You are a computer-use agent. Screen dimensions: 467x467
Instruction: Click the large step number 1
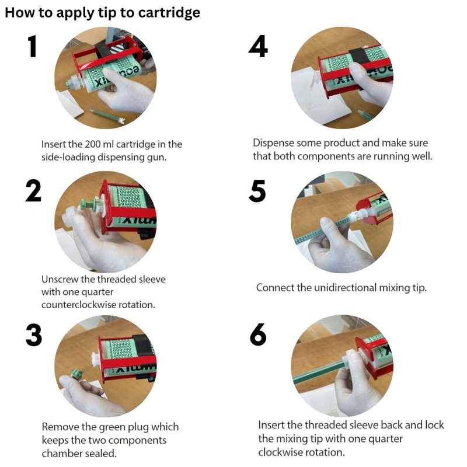[33, 46]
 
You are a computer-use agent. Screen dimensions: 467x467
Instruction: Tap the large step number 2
[33, 191]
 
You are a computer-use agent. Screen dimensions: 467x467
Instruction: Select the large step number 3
[34, 334]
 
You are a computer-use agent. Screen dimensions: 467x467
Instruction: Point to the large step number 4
[258, 46]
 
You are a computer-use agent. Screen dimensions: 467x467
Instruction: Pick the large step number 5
[257, 191]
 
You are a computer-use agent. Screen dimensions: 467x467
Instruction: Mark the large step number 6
[258, 334]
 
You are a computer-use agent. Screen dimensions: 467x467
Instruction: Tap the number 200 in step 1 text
[92, 144]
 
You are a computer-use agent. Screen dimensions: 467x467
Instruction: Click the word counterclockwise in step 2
[79, 305]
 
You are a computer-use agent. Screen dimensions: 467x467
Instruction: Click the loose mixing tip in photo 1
[108, 116]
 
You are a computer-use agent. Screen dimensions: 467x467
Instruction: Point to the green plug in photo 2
[91, 204]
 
